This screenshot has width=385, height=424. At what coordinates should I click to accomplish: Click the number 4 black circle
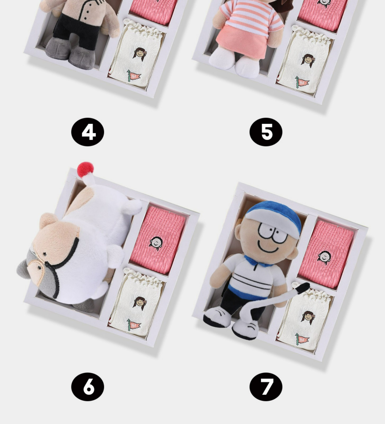tap(88, 132)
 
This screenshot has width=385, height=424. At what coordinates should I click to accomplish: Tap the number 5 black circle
tap(266, 132)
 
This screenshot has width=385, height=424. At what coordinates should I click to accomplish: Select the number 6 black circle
tap(88, 387)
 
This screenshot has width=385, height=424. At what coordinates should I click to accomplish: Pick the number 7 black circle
tap(266, 387)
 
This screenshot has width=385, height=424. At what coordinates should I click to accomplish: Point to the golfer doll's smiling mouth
tap(268, 249)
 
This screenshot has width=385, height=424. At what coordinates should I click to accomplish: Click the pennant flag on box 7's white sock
tap(301, 339)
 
